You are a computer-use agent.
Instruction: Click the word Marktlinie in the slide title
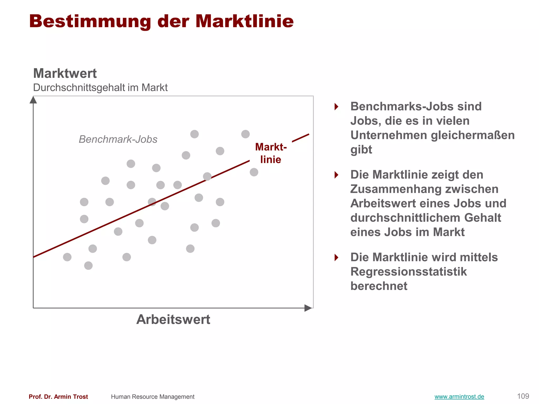click(244, 21)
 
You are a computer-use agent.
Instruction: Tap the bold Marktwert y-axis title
click(65, 73)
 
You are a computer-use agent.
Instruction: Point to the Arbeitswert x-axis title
click(173, 320)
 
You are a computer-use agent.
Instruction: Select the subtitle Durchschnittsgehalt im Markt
click(100, 88)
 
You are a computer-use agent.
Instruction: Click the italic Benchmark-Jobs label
click(118, 139)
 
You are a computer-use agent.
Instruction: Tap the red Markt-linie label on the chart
click(271, 153)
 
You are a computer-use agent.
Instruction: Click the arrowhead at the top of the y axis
click(33, 100)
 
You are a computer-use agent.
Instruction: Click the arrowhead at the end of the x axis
click(308, 308)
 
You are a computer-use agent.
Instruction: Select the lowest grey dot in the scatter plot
click(88, 266)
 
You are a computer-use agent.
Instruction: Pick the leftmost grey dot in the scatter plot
click(67, 257)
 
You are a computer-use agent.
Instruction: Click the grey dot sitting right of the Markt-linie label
click(254, 172)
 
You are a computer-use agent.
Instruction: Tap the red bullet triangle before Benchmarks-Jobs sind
click(336, 107)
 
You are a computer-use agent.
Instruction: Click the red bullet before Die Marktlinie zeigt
click(336, 175)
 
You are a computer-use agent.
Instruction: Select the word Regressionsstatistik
click(408, 272)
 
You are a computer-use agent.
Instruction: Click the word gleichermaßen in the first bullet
click(473, 135)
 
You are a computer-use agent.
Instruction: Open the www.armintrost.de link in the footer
click(459, 397)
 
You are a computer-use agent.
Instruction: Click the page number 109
click(523, 396)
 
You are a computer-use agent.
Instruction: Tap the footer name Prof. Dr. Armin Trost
click(58, 397)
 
